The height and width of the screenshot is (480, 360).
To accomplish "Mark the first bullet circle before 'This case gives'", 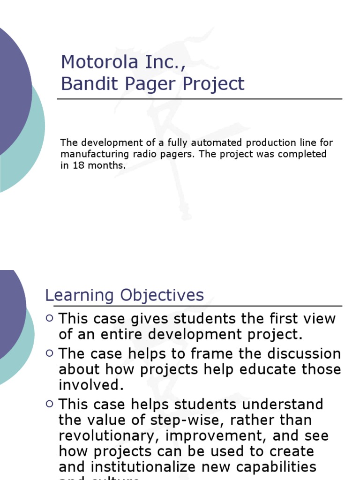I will pos(50,318).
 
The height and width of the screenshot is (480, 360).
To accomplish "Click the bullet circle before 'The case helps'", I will pos(50,353).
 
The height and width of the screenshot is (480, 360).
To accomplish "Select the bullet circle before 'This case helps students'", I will pos(50,404).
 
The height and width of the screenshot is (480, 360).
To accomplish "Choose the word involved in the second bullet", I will pos(88,385).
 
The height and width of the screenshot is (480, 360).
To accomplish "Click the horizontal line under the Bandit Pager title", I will pos(199,99).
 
